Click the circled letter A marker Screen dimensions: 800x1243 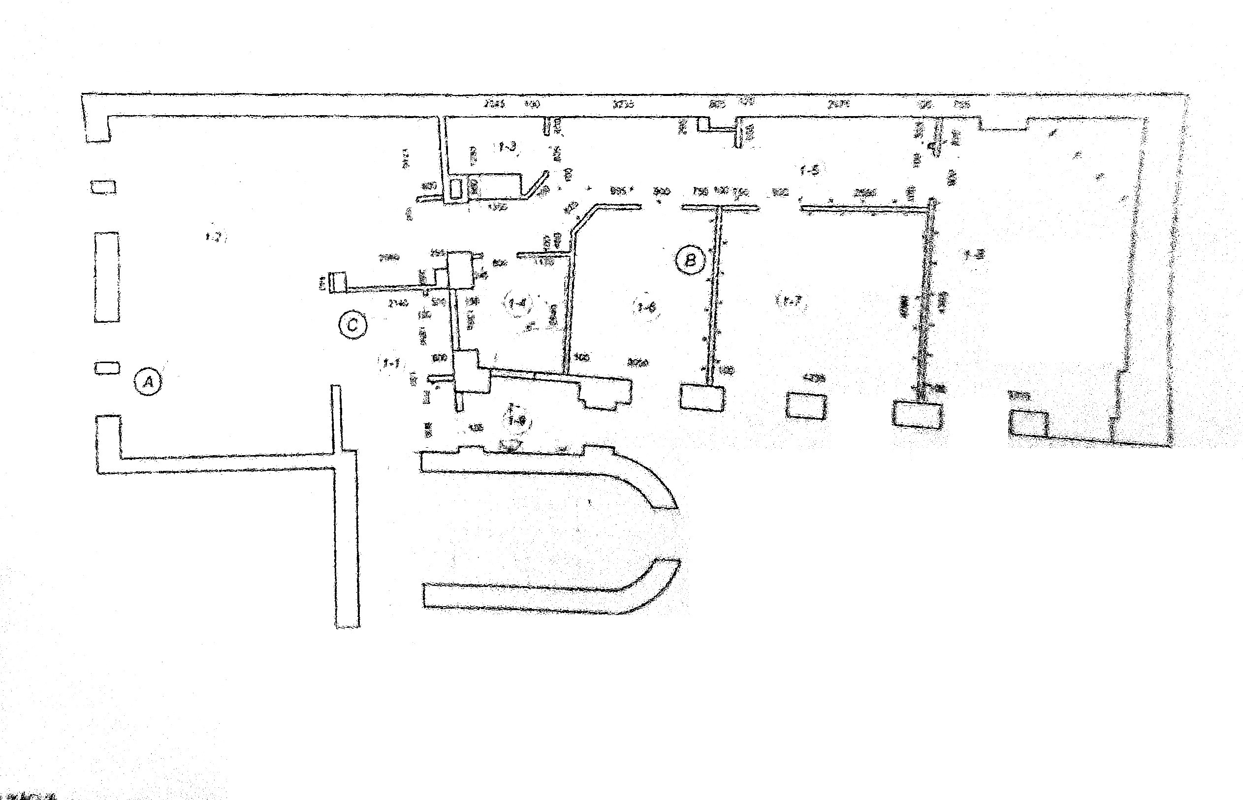[x=148, y=382]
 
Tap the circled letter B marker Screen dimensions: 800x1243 [x=690, y=260]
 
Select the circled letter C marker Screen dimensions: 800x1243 [x=352, y=325]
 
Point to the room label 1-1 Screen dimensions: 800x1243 [x=391, y=363]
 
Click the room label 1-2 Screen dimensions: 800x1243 [x=214, y=237]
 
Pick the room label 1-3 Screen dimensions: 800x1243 [x=507, y=147]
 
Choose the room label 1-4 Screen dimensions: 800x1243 [x=518, y=303]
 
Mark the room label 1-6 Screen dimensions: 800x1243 [x=646, y=307]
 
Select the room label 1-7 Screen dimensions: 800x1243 [x=792, y=300]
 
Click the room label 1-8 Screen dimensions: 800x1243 [x=974, y=254]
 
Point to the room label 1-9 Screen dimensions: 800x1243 [x=516, y=420]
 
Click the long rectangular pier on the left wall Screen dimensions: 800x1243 [x=106, y=277]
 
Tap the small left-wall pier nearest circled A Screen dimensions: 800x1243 [x=106, y=369]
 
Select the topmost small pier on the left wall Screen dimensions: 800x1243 [x=103, y=187]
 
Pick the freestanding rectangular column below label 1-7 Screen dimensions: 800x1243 [x=806, y=405]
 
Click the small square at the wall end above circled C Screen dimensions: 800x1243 [x=338, y=281]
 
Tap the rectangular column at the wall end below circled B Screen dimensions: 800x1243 [x=702, y=398]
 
